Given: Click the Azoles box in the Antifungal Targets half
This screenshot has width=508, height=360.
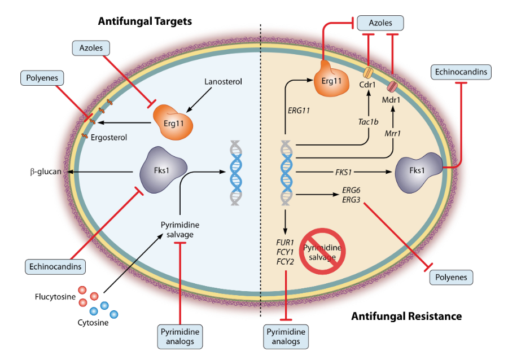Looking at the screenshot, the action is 91,48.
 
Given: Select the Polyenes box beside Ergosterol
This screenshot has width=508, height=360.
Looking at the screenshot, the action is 42,78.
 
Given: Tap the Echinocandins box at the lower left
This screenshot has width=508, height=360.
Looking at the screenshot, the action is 55,267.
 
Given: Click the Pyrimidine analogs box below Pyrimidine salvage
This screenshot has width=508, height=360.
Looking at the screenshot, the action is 180,337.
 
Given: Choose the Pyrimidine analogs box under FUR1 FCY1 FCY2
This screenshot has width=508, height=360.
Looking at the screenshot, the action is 286,337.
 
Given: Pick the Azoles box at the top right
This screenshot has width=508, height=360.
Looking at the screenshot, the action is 380,23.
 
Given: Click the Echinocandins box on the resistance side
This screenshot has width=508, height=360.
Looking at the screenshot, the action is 461,72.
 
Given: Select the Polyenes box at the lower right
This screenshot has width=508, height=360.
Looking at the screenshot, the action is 451,278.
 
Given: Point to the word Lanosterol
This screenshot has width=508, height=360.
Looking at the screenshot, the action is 223,82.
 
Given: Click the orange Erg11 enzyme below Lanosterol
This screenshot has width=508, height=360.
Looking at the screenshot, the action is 173,122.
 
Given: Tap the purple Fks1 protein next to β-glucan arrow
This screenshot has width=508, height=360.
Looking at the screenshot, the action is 163,170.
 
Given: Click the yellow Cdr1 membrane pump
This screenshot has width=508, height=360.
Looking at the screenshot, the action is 367,73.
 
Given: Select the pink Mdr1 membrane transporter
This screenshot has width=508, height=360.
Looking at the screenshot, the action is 392,86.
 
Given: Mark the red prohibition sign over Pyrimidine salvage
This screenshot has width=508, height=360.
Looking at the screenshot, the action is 322,251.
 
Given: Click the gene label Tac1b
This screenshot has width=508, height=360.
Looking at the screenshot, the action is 369,122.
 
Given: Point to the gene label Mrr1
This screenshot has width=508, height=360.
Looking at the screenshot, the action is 393,133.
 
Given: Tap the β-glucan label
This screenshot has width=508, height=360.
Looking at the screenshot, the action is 46,172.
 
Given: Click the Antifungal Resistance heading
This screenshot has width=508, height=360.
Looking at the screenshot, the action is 406,316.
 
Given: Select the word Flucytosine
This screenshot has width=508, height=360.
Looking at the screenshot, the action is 55,297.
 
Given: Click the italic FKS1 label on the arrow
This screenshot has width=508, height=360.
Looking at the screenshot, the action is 343,172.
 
